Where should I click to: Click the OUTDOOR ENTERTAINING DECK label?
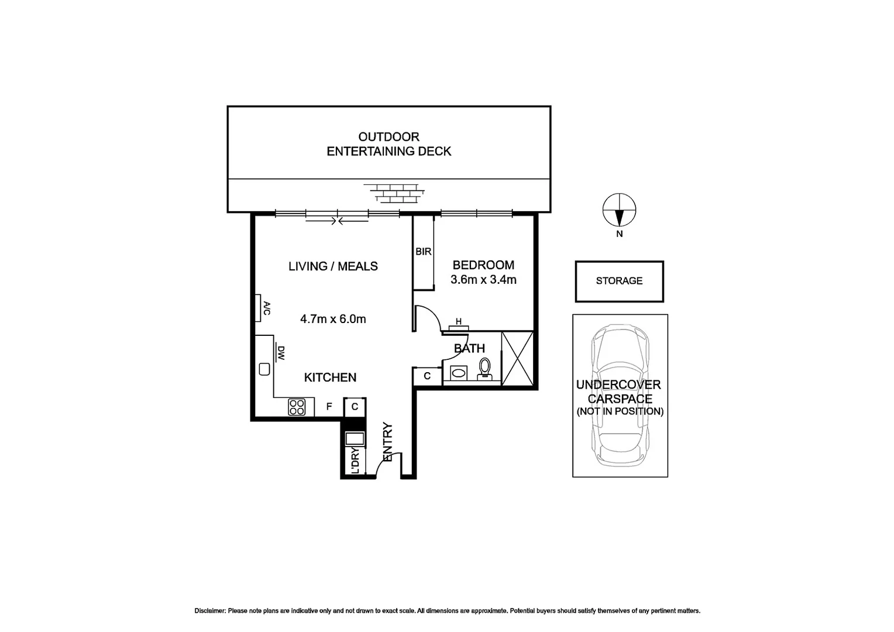click(x=388, y=144)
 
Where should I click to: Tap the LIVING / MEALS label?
click(x=333, y=266)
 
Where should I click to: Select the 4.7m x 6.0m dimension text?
click(x=333, y=319)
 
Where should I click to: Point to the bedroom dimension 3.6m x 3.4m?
click(x=483, y=280)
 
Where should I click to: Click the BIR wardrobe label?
click(x=423, y=252)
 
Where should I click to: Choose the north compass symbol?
click(x=619, y=210)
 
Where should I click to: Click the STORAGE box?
click(x=619, y=281)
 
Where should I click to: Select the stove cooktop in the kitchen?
click(x=297, y=407)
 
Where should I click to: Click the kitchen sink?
click(x=264, y=369)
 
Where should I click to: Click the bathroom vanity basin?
click(x=459, y=372)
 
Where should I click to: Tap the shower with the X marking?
click(x=518, y=358)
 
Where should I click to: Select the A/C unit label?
click(x=266, y=308)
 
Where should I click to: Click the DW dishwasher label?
click(x=280, y=353)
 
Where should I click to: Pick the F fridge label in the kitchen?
click(x=329, y=407)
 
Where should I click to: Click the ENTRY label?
click(x=387, y=442)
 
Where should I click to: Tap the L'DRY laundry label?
click(x=355, y=461)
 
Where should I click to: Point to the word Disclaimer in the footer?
click(x=210, y=611)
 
